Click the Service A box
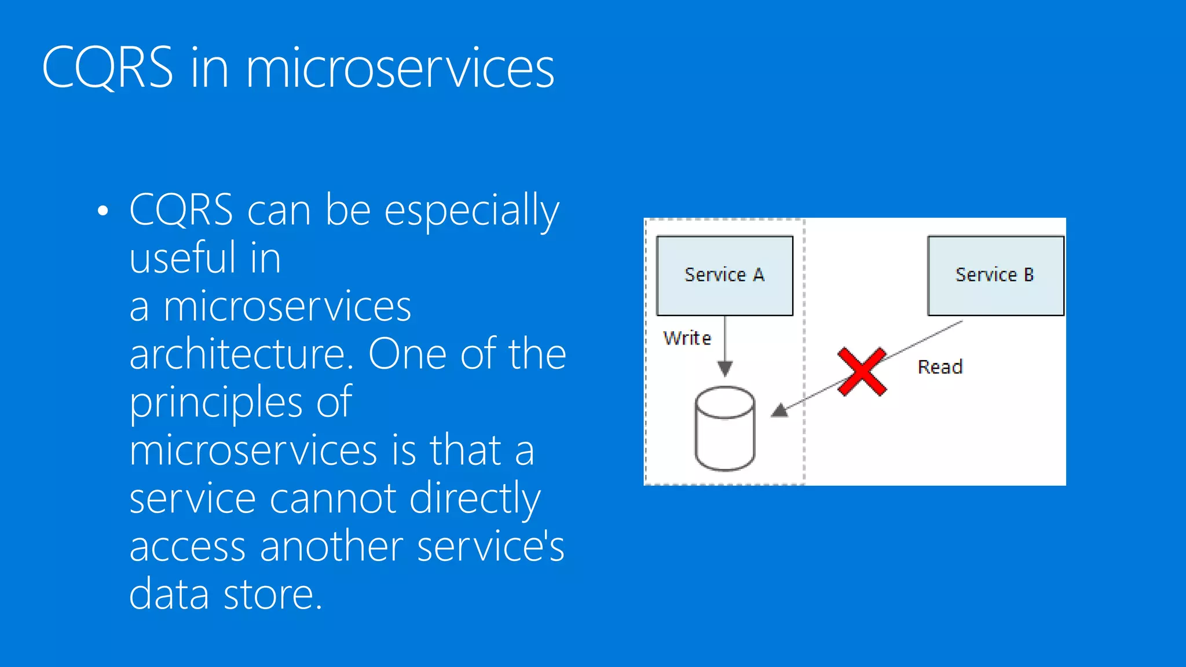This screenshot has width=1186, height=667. (x=724, y=275)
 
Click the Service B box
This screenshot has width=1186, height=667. (x=995, y=275)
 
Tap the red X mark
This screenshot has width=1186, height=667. (x=862, y=372)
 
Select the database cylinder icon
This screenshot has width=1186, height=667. (x=724, y=428)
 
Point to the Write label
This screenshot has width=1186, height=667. (x=687, y=338)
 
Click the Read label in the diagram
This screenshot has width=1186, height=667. (x=940, y=367)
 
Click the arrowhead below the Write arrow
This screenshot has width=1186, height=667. (x=725, y=368)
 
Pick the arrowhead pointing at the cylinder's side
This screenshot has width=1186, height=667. (x=779, y=411)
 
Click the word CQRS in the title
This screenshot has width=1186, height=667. (x=108, y=68)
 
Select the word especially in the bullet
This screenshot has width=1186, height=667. (x=471, y=211)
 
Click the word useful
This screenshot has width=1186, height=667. (x=182, y=258)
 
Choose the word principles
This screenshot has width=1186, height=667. (x=216, y=403)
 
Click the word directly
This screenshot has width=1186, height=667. (x=475, y=499)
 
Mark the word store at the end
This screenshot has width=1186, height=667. (x=273, y=595)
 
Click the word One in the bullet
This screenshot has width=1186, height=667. (x=407, y=354)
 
